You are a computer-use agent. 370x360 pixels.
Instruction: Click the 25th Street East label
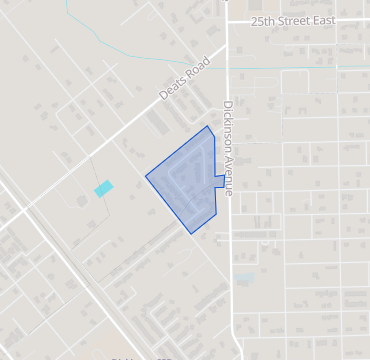point(295,20)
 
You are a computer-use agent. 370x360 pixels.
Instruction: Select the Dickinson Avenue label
point(227,149)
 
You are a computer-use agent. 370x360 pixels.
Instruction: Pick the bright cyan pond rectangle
point(104,188)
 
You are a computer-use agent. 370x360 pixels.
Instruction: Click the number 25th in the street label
point(263,20)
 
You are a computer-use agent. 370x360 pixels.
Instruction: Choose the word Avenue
point(227,176)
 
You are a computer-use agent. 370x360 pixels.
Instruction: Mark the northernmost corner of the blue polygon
point(208,126)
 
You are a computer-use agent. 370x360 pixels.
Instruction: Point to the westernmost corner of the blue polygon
point(146,177)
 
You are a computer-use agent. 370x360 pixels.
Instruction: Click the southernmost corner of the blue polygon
point(191,234)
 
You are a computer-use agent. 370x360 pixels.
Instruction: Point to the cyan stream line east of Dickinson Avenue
point(300,68)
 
